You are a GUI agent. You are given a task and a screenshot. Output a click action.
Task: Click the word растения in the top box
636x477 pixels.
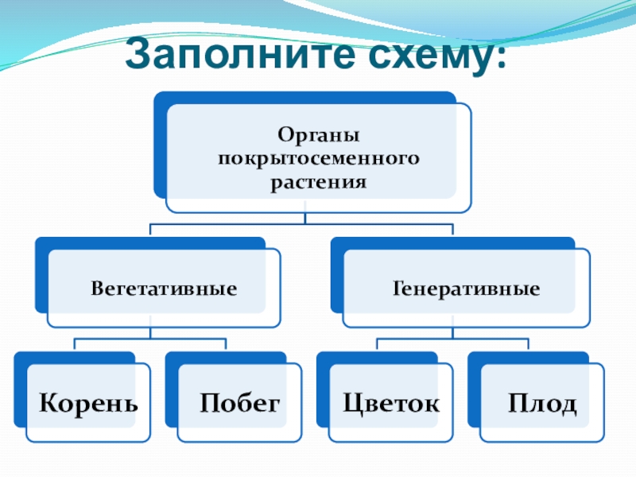pyautogui.click(x=318, y=182)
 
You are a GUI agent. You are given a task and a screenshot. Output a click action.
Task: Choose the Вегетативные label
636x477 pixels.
pyautogui.click(x=164, y=288)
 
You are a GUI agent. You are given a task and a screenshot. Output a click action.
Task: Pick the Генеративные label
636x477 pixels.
pyautogui.click(x=466, y=288)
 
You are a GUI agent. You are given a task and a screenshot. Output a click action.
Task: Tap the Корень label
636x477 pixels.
pyautogui.click(x=88, y=402)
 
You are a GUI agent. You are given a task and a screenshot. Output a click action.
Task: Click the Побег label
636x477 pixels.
pyautogui.click(x=240, y=402)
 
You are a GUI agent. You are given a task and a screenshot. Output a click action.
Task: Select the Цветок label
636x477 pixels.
pyautogui.click(x=390, y=402)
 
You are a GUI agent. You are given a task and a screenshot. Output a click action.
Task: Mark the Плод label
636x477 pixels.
pyautogui.click(x=542, y=403)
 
